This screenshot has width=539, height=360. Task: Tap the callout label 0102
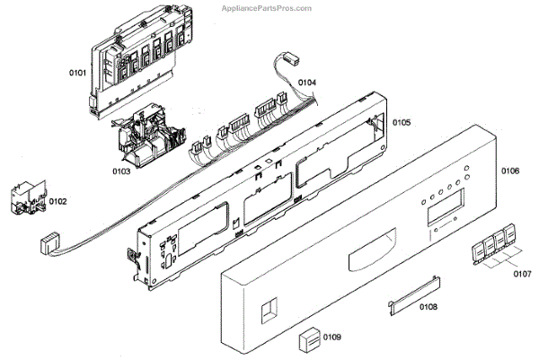point(57,202)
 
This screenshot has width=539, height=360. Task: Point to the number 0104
point(307,83)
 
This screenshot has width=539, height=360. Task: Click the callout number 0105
point(401,122)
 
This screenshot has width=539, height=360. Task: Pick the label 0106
point(509,170)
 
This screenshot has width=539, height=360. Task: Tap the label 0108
point(428,307)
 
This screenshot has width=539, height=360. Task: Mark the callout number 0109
point(331,338)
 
